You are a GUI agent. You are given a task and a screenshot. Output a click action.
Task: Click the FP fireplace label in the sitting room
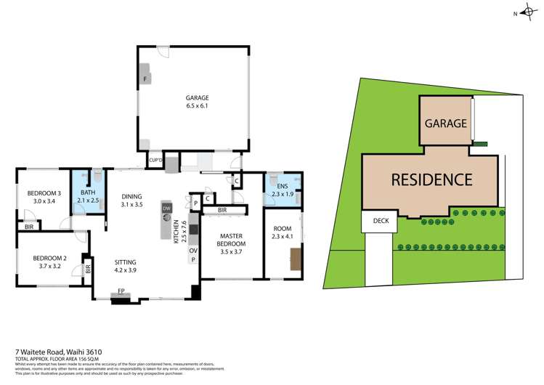pyautogui.click(x=122, y=292)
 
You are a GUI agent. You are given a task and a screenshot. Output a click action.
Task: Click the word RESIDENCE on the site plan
pyautogui.click(x=431, y=179)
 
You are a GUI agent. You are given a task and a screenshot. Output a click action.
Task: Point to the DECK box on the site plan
pyautogui.click(x=381, y=222)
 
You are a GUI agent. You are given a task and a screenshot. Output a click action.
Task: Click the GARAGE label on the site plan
pyautogui.click(x=445, y=123)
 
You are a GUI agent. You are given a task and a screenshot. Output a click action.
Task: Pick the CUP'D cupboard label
pyautogui.click(x=154, y=161)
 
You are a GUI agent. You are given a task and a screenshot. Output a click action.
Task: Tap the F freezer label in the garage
pyautogui.click(x=146, y=77)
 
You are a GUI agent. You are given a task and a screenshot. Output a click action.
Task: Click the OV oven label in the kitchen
pyautogui.click(x=193, y=251)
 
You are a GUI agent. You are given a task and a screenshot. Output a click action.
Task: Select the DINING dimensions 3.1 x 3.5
pyautogui.click(x=131, y=205)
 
